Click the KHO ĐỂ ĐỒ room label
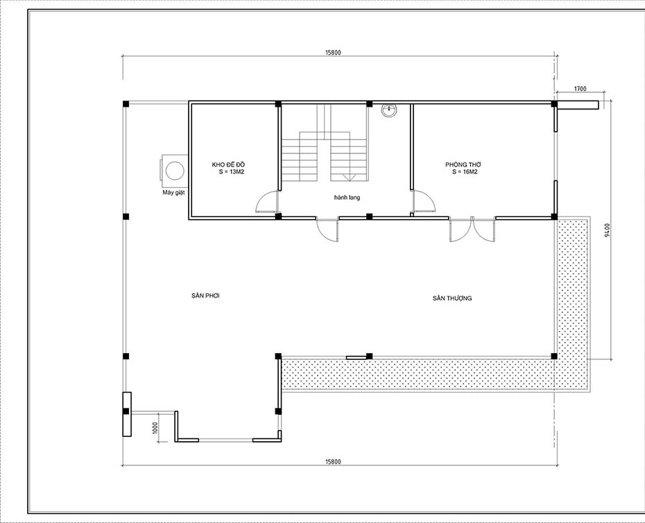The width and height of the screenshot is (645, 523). click(x=228, y=164)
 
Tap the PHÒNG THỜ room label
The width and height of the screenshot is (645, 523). click(x=463, y=164)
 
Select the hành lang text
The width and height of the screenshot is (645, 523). click(x=347, y=198)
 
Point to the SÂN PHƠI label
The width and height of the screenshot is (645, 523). click(x=206, y=295)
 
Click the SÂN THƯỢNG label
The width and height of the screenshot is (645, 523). click(x=452, y=298)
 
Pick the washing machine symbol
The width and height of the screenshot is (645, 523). click(x=174, y=169)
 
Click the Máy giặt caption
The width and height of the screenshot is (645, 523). click(x=173, y=192)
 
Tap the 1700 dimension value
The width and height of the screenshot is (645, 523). click(x=580, y=89)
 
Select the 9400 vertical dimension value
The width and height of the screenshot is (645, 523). click(x=607, y=230)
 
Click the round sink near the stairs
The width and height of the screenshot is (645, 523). click(x=390, y=109)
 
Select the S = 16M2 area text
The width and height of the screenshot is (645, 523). click(x=464, y=171)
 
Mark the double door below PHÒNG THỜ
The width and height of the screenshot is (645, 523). click(x=472, y=230)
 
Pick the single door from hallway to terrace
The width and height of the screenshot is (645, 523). click(x=327, y=230)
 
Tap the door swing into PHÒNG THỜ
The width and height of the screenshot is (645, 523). click(x=423, y=202)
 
